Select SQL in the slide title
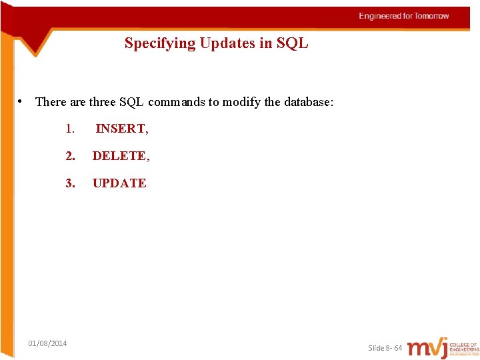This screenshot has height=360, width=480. [x=293, y=44]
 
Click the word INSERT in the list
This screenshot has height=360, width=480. [x=121, y=129]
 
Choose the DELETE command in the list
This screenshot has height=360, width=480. [x=119, y=156]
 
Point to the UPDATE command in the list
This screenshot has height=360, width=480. [x=119, y=183]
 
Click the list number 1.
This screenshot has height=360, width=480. [x=69, y=129]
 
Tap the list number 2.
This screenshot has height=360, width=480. [x=70, y=156]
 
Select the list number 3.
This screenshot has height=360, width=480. [x=70, y=183]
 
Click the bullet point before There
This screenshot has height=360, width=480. [x=22, y=101]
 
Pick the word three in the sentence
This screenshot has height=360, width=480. [x=103, y=102]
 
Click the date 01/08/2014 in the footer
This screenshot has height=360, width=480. [x=47, y=343]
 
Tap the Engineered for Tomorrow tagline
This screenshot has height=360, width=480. [x=404, y=16]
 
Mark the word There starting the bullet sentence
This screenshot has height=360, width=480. [x=51, y=102]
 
